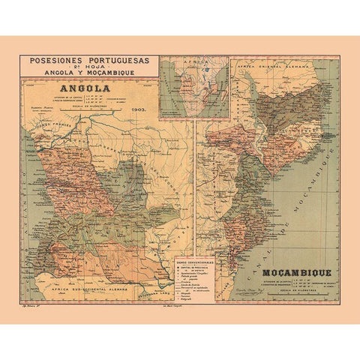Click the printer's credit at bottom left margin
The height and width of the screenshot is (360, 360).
point(31,307)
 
